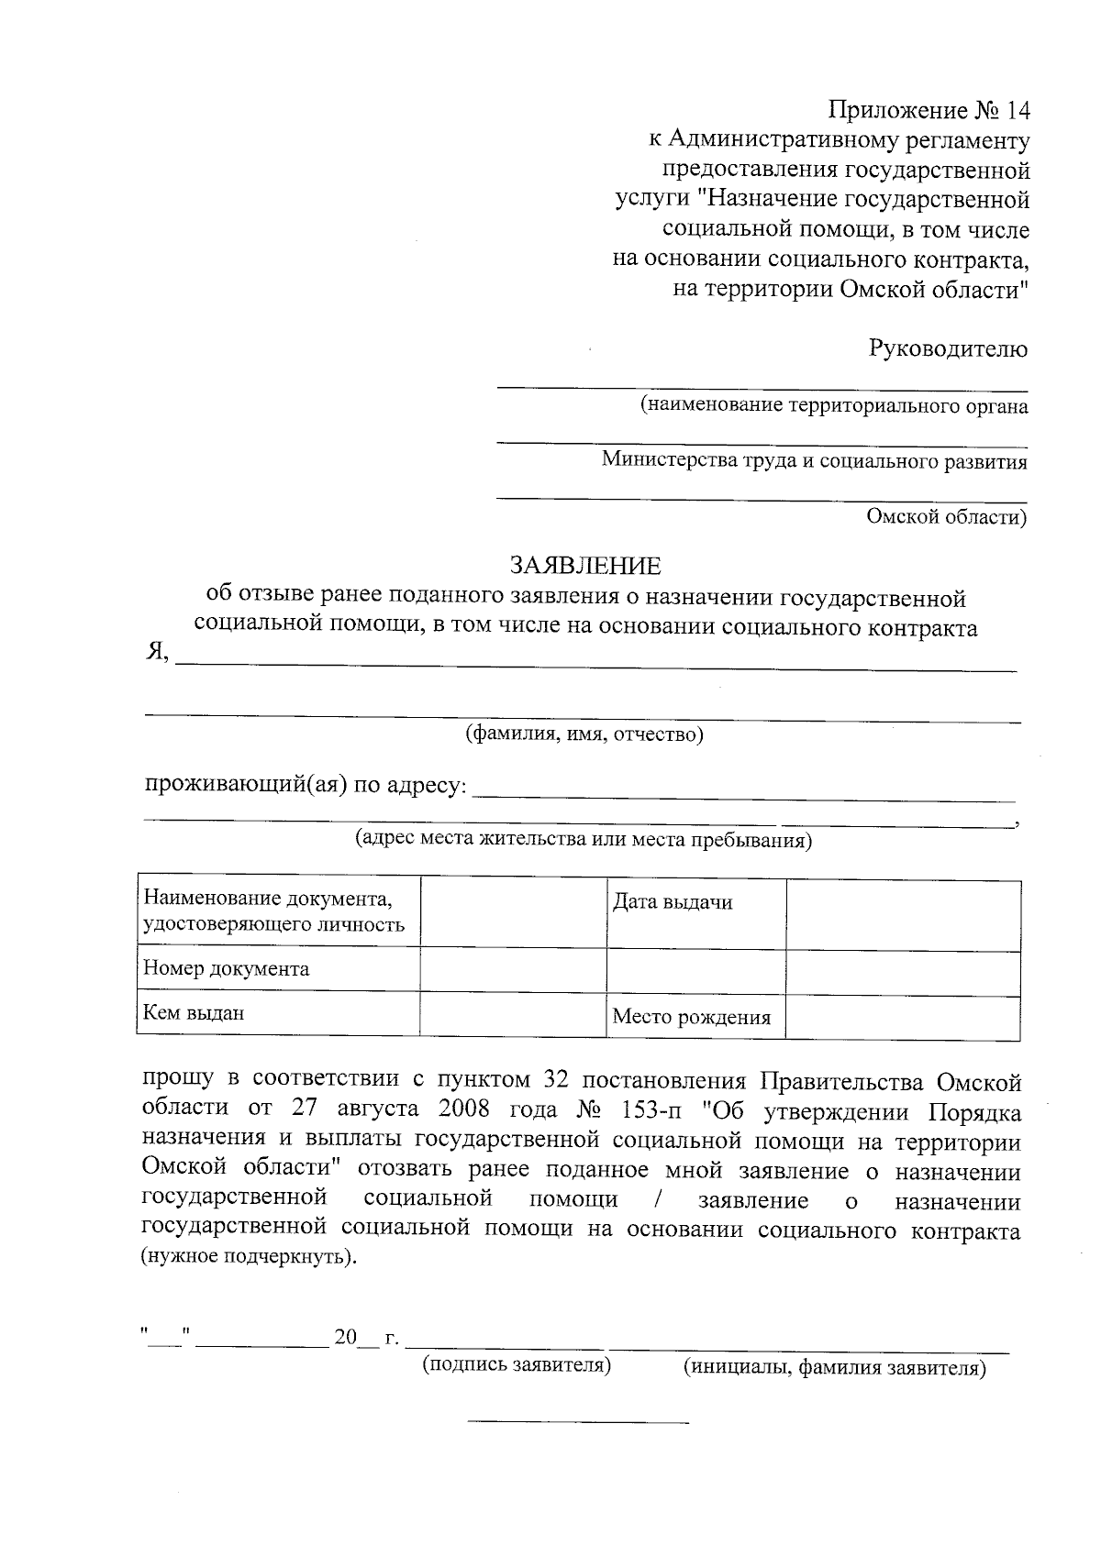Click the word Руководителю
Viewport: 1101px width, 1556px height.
[x=948, y=348]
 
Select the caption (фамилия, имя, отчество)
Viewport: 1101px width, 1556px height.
[x=584, y=734]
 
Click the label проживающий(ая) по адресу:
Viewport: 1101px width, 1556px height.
[x=306, y=786]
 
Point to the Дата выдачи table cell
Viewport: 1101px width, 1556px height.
[x=673, y=902]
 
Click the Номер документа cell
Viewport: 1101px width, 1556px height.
[x=227, y=969]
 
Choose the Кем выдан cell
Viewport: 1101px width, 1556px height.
[x=194, y=1013]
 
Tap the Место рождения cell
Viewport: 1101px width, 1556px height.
[x=692, y=1017]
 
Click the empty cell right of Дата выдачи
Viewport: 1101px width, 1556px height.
[x=903, y=915]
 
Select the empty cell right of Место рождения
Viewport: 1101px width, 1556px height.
[x=903, y=1018]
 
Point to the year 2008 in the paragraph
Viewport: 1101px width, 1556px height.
[x=469, y=1110]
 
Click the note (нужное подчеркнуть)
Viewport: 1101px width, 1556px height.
[x=247, y=1256]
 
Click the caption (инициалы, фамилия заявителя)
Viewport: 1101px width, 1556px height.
[x=835, y=1368]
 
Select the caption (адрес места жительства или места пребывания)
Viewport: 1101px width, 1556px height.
[x=584, y=840]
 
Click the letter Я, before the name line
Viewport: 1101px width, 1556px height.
[x=157, y=652]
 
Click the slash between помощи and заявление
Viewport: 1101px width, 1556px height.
[x=658, y=1200]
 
